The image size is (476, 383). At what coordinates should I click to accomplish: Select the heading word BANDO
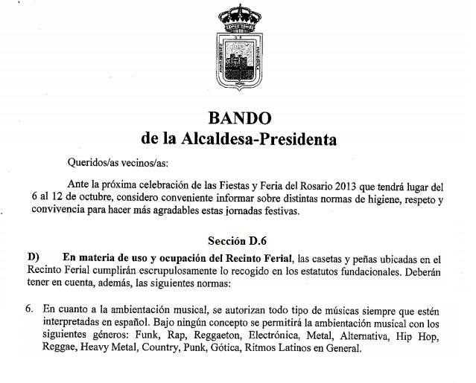tap(239, 118)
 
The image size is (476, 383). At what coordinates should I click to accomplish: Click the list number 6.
tap(28, 307)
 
